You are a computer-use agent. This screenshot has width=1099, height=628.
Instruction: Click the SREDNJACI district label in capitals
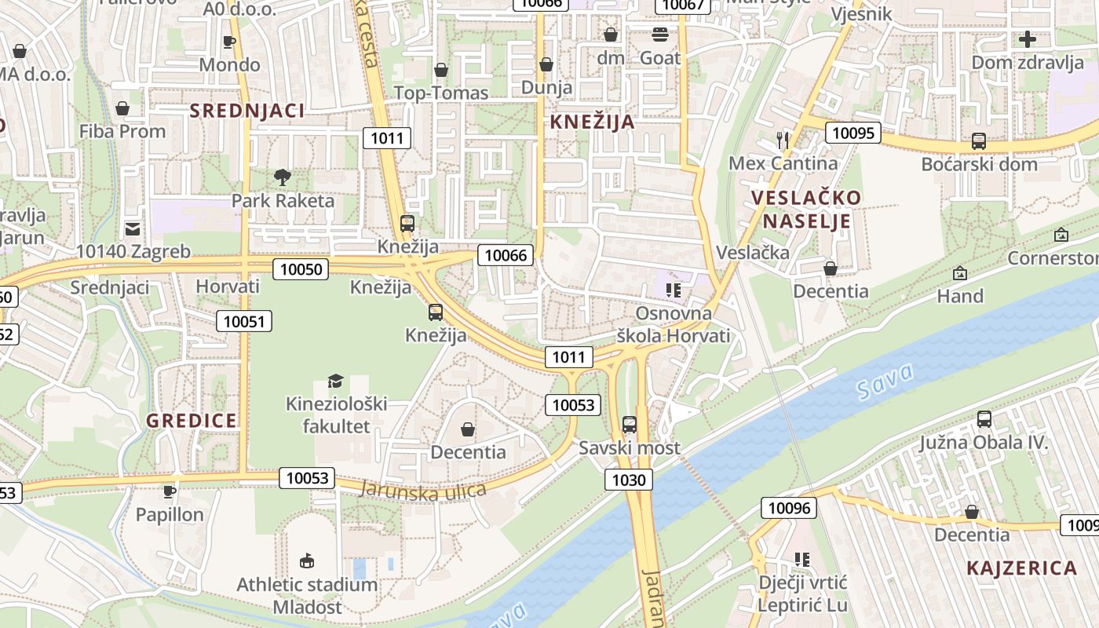coord(246,111)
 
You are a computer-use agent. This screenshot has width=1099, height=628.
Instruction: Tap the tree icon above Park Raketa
coord(283,177)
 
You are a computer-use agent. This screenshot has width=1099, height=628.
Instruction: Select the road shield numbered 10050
coord(301,269)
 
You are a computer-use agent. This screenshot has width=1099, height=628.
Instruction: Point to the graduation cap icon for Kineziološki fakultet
coord(336,382)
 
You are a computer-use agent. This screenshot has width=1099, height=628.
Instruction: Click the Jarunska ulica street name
coord(423,489)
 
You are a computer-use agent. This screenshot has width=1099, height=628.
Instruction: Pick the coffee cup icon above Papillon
coord(169,492)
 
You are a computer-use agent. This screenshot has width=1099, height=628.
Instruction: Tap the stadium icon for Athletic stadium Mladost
coord(307,560)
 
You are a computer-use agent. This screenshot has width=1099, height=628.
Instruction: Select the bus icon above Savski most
coord(630,425)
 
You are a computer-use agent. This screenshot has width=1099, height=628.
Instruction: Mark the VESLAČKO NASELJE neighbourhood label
coord(806,209)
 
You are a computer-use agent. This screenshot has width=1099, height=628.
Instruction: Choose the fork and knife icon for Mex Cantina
coord(782,141)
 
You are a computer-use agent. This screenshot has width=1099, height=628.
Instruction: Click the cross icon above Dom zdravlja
coord(1027,39)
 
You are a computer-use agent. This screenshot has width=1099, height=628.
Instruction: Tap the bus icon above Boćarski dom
coord(979,141)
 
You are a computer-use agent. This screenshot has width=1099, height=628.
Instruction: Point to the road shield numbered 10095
coord(853,133)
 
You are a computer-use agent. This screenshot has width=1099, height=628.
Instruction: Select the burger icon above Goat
coord(659,35)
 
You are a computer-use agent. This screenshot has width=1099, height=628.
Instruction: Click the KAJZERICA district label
coord(1021,568)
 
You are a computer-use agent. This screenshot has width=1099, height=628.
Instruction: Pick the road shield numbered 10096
coord(789,508)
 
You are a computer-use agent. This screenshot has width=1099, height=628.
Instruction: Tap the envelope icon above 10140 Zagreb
coord(133,229)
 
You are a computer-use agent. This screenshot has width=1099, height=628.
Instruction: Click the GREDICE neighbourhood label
coord(192,421)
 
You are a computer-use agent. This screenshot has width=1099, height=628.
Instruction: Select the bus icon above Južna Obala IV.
coord(984,419)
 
